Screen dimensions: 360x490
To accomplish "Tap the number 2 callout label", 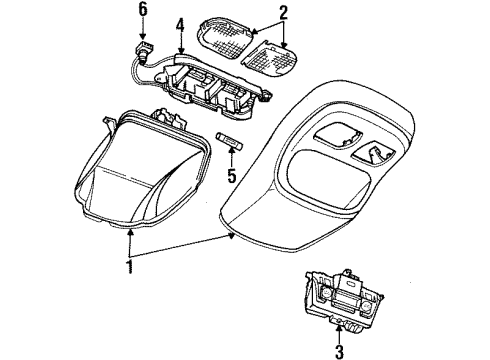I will (283, 13).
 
